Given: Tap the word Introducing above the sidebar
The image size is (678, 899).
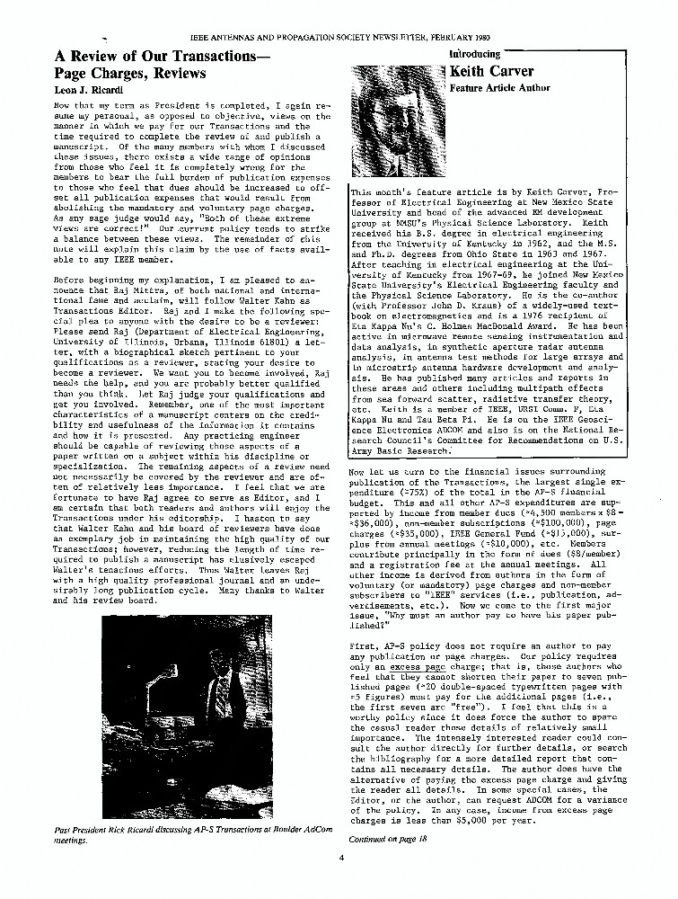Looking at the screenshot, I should [474, 54].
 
